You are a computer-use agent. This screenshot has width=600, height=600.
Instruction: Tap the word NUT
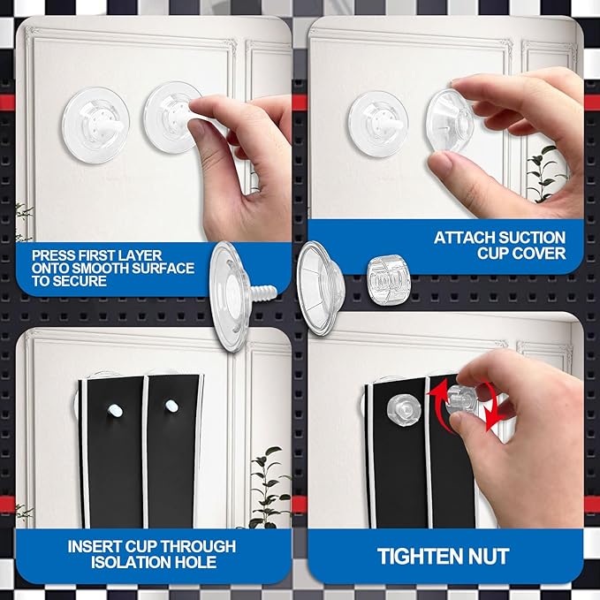pyautogui.click(x=491, y=557)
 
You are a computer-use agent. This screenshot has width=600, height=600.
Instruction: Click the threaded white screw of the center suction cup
pyautogui.click(x=263, y=293)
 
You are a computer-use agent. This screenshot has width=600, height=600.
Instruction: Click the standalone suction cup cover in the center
pyautogui.click(x=321, y=288)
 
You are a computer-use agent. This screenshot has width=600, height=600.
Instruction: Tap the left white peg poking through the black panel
pyautogui.click(x=115, y=410)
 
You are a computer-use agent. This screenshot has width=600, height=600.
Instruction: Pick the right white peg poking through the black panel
pyautogui.click(x=171, y=406)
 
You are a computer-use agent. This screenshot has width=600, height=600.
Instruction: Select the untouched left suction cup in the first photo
pyautogui.click(x=95, y=125)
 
